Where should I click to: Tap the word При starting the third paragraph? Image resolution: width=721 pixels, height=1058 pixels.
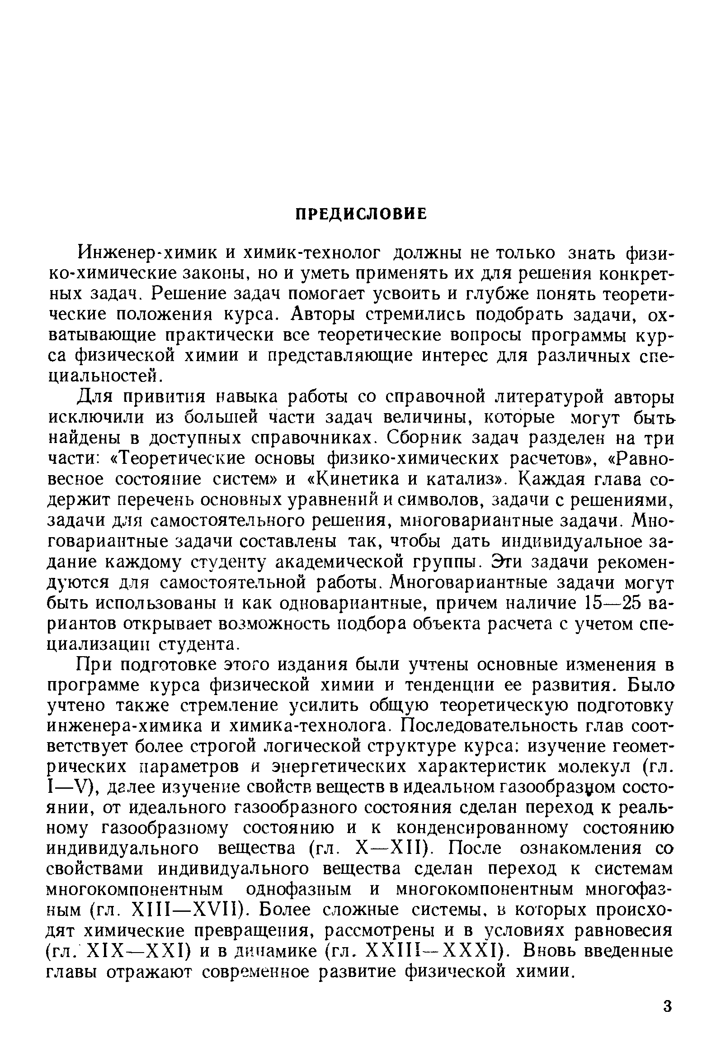[x=94, y=665]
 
